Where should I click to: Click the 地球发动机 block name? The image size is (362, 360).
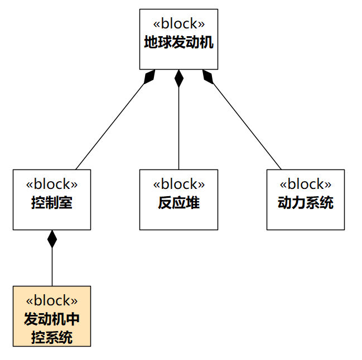pyautogui.click(x=178, y=43)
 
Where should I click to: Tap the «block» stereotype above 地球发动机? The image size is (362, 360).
pyautogui.click(x=178, y=24)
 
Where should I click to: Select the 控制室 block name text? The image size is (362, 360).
pyautogui.click(x=52, y=203)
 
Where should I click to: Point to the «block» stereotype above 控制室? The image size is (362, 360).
pyautogui.click(x=52, y=184)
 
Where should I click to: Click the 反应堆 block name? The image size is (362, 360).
pyautogui.click(x=178, y=203)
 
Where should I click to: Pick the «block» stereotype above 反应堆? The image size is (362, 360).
pyautogui.click(x=178, y=184)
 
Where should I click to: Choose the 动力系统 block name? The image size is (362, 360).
pyautogui.click(x=305, y=203)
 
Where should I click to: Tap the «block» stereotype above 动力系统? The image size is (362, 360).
pyautogui.click(x=305, y=184)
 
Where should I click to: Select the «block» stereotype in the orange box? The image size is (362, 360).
pyautogui.click(x=52, y=301)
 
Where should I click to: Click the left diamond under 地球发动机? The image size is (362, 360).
pyautogui.click(x=149, y=77)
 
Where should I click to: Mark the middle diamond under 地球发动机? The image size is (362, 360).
pyautogui.click(x=178, y=79)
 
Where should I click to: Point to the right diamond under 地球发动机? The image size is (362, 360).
pyautogui.click(x=208, y=77)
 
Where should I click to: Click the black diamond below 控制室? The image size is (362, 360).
pyautogui.click(x=52, y=239)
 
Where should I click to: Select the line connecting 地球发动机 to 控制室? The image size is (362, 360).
pyautogui.click(x=112, y=124)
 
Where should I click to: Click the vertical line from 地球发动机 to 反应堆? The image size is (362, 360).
pyautogui.click(x=178, y=128)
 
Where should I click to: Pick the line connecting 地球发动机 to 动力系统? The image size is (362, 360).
pyautogui.click(x=245, y=124)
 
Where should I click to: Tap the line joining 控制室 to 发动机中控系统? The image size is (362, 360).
pyautogui.click(x=52, y=267)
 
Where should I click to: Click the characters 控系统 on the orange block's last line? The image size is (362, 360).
pyautogui.click(x=52, y=337)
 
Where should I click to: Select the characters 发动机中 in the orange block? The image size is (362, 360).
pyautogui.click(x=52, y=319)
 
